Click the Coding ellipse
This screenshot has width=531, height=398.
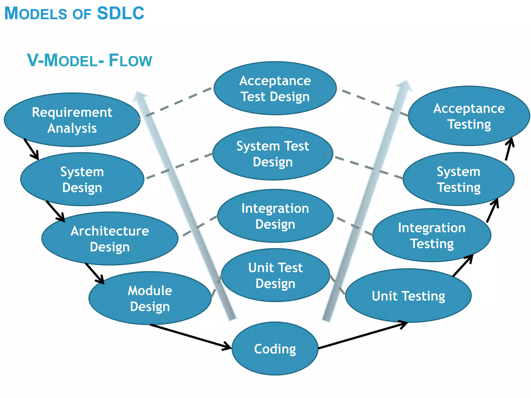coord(275,349)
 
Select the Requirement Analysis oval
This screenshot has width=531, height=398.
coord(72,120)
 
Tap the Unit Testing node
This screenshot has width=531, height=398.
coord(408,296)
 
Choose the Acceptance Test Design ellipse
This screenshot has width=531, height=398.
coord(275,88)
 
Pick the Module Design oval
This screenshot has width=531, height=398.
coord(150,298)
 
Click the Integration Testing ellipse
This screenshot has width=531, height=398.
coord(432,235)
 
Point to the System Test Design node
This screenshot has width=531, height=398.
coord(273,154)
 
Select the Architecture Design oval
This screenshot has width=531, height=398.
coord(110,239)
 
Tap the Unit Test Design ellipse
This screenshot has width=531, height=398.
coord(275,275)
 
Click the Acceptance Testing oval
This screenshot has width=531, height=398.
coord(469,116)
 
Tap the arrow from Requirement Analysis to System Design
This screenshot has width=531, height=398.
coord(31,149)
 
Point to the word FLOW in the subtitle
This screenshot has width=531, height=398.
coord(130,60)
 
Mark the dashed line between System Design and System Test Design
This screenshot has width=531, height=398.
coord(179,166)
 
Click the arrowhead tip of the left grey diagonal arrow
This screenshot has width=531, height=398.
coord(137,93)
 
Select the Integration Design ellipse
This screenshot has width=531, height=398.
coord(275,216)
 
